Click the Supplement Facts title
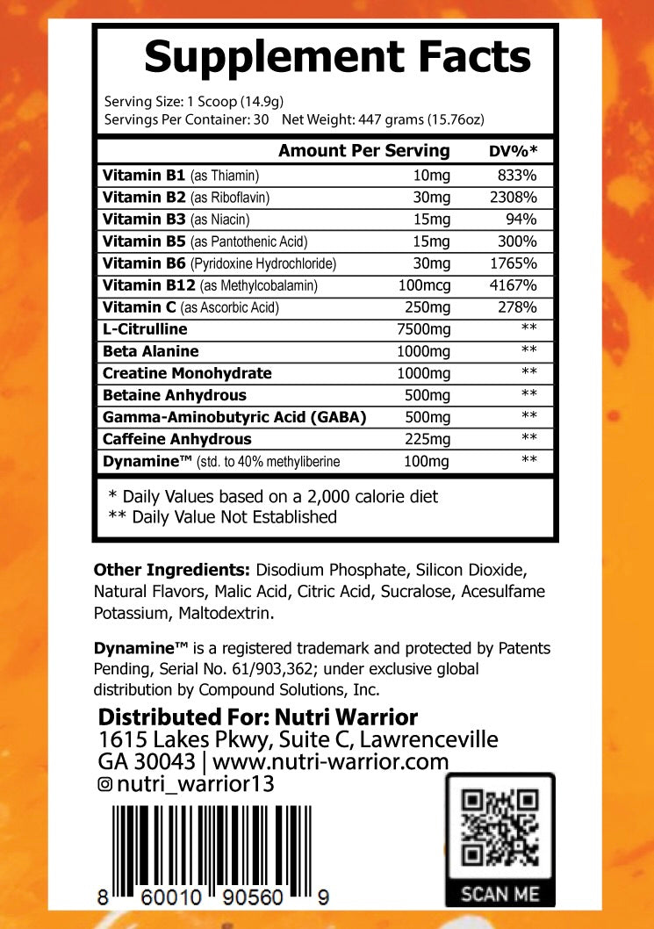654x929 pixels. pyautogui.click(x=337, y=58)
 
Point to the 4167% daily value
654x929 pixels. pyautogui.click(x=514, y=285)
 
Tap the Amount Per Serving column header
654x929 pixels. pyautogui.click(x=363, y=151)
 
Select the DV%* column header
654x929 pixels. pyautogui.click(x=513, y=152)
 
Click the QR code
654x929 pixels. pyautogui.click(x=499, y=828)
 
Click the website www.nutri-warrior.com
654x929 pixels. pyautogui.click(x=331, y=761)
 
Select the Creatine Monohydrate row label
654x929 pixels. pyautogui.click(x=187, y=373)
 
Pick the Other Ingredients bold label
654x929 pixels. pyautogui.click(x=172, y=569)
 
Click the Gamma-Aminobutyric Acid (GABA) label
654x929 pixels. pyautogui.click(x=234, y=417)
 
